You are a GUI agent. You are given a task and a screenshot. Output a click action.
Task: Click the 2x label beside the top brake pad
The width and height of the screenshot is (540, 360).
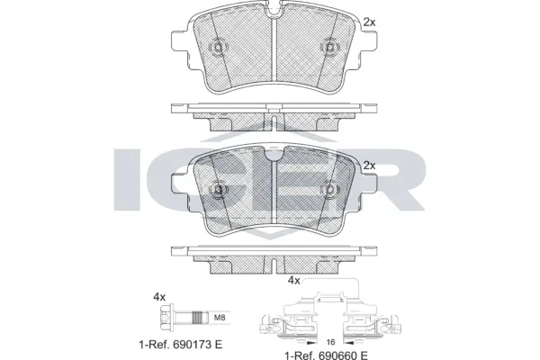point(369,21)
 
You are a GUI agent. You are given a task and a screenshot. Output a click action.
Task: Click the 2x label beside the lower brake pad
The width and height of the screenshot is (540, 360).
point(369,165)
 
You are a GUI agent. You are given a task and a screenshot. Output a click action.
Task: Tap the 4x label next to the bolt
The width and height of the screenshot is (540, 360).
point(160,296)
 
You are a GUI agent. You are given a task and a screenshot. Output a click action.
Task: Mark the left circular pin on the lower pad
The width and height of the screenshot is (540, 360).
point(217,190)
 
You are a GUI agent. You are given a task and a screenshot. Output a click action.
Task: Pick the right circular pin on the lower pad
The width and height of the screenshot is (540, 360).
point(329,190)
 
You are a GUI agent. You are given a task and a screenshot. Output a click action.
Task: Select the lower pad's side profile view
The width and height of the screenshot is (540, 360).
point(273,257)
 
